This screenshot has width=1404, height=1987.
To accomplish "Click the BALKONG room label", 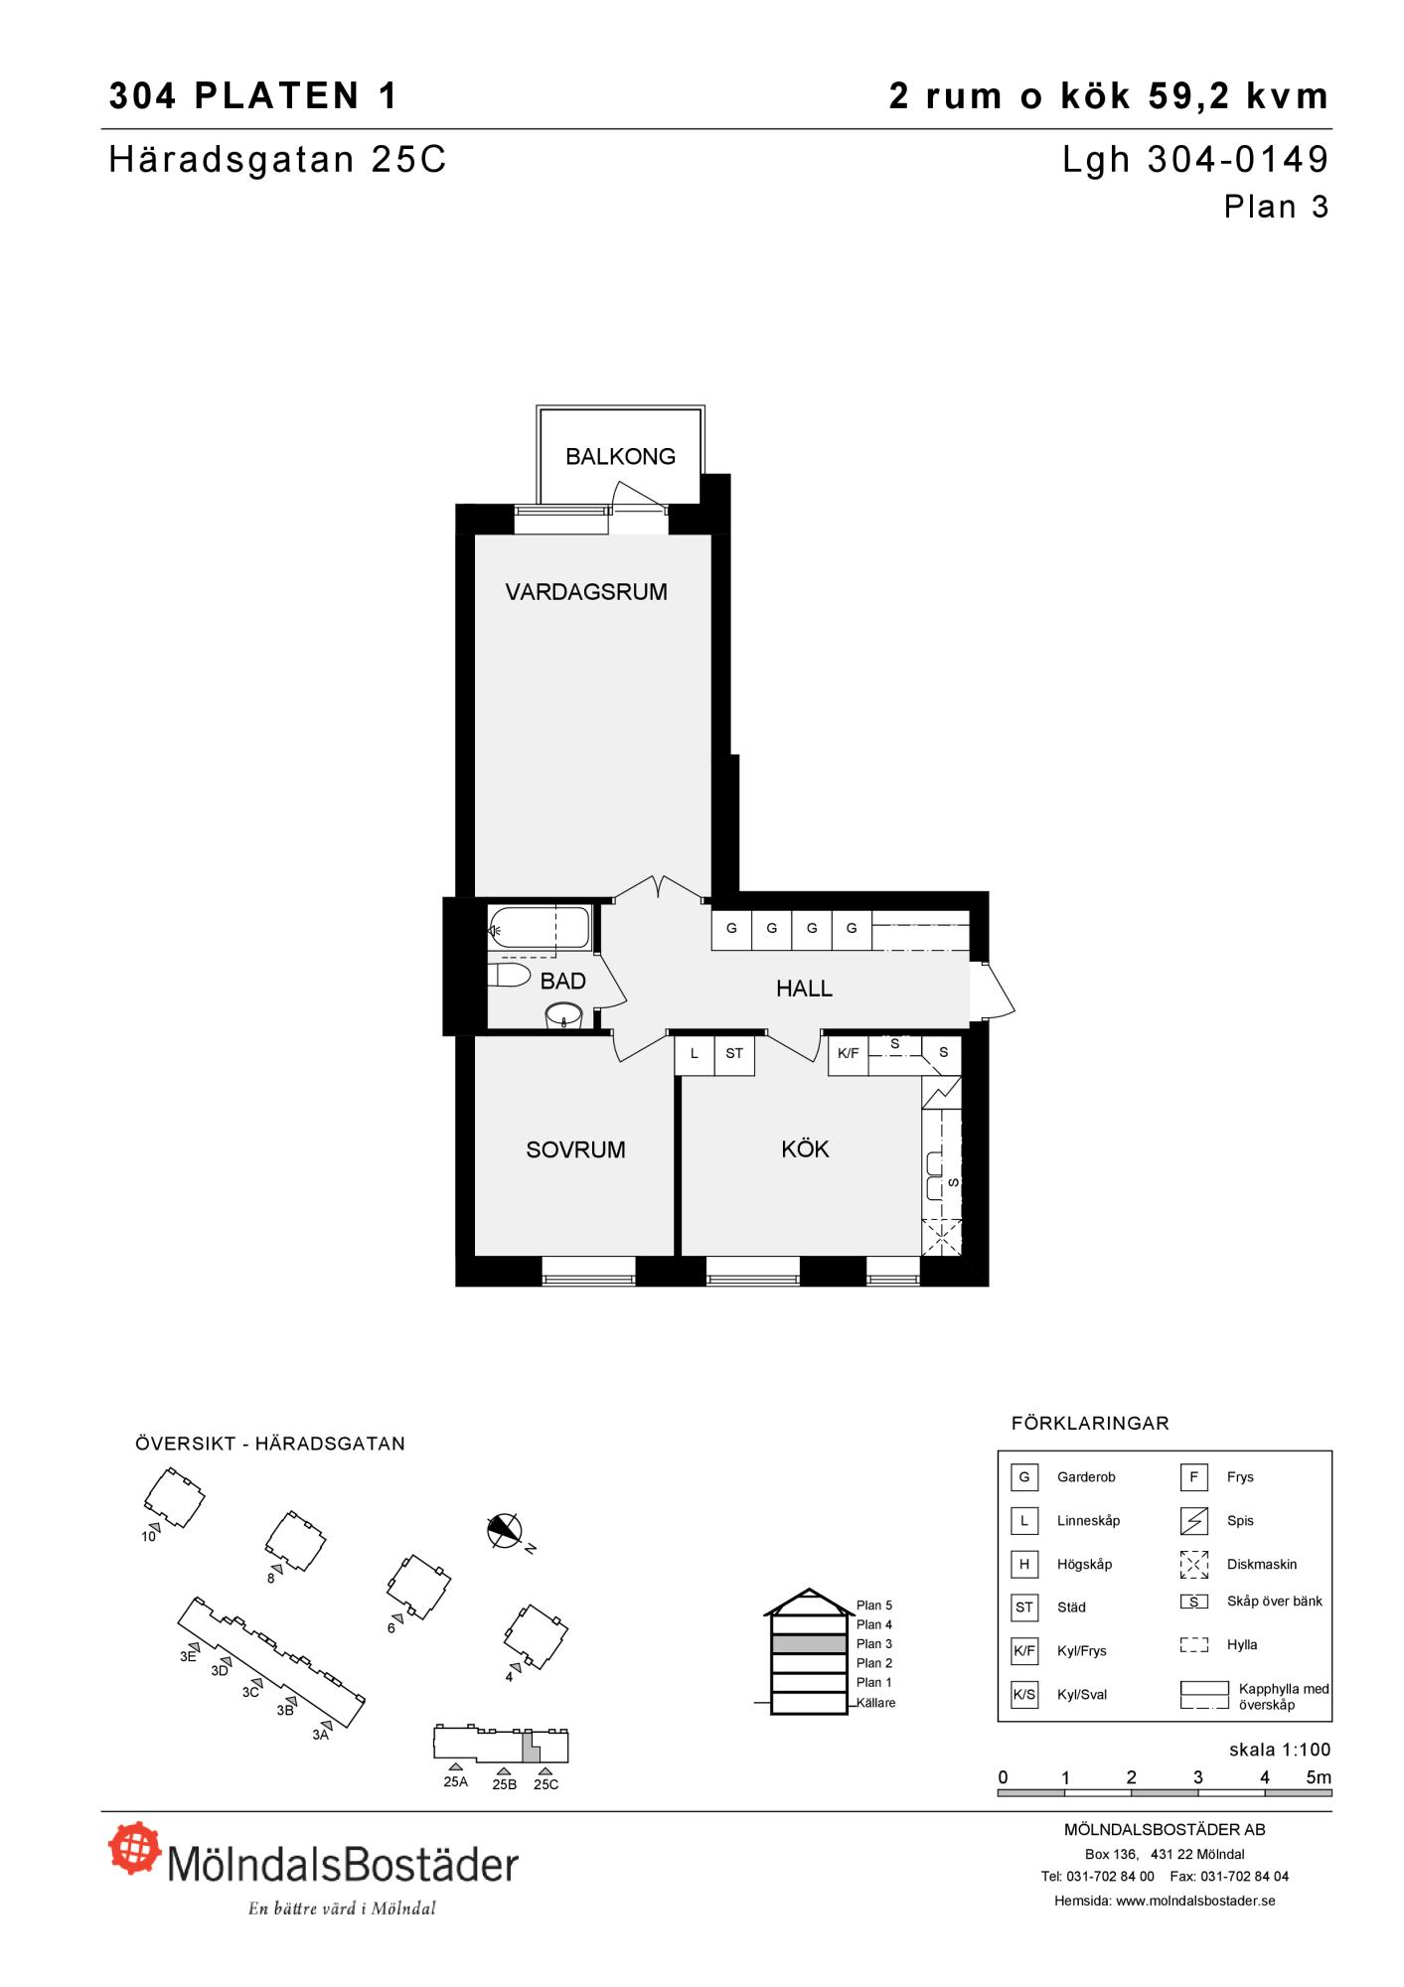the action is pos(620,457).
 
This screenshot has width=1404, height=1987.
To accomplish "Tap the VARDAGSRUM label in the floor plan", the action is pos(586,592).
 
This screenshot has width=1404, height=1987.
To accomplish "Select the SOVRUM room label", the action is pos(575,1149).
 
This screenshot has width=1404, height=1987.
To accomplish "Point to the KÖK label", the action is pos(805,1148).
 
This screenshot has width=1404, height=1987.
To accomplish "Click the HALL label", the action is pos(804,989).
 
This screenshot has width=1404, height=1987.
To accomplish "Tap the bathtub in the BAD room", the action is pos(539,929).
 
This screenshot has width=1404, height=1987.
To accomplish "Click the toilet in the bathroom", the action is pos(510,975).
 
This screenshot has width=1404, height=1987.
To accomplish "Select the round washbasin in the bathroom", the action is pos(564,1015).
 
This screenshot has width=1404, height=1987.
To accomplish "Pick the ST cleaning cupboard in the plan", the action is pos(734,1054).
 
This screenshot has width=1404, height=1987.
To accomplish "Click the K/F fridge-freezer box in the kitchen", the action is pos(849,1054).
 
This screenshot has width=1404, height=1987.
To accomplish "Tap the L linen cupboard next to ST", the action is pos(695,1054).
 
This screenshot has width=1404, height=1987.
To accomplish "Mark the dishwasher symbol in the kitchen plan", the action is pos(942,1236).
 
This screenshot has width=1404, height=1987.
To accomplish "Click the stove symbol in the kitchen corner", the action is pos(942,1092).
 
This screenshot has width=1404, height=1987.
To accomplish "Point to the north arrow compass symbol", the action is pos(506,1530).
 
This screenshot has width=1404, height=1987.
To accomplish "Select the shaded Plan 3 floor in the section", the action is pos(810,1643).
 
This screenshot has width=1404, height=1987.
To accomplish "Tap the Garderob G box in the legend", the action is pos(1024,1477).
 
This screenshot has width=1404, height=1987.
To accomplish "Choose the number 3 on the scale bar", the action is pos(1198,1777).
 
